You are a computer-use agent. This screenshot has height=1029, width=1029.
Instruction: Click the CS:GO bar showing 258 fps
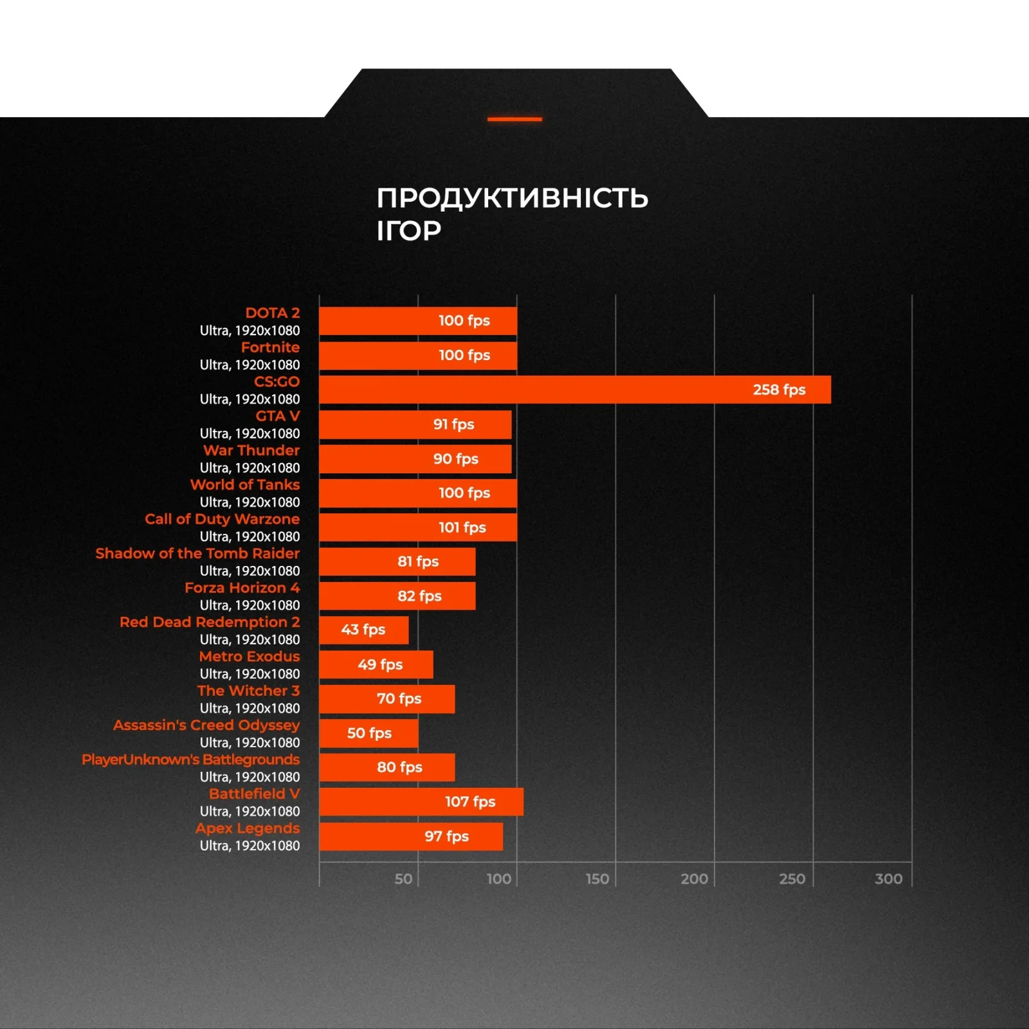(x=574, y=390)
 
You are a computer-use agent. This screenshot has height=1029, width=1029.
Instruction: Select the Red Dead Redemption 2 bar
(x=363, y=630)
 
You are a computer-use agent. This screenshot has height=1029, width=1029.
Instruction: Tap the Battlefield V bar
(x=421, y=802)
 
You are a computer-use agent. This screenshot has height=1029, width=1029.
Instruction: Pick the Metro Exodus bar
(x=376, y=664)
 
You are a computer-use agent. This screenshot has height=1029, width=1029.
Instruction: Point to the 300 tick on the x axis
(x=888, y=879)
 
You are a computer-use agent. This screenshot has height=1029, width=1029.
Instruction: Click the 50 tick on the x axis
(x=403, y=879)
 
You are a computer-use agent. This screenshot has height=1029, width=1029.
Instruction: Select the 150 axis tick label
(x=597, y=879)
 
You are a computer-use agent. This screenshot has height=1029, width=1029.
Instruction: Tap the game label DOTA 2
(x=272, y=313)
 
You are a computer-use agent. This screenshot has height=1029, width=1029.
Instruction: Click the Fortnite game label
(x=270, y=347)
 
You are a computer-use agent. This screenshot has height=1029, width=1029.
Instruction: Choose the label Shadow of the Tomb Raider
(x=197, y=553)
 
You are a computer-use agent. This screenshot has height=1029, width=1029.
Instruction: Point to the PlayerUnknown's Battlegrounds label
(x=190, y=760)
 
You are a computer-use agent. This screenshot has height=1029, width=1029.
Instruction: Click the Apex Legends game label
(x=248, y=828)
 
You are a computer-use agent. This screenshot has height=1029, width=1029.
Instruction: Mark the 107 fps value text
(x=470, y=802)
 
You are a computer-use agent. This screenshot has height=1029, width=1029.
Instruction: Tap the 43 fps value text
(x=363, y=630)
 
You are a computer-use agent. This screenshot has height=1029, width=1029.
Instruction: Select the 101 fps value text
(x=462, y=527)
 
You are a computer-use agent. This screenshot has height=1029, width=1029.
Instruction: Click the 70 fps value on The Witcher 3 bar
(x=399, y=698)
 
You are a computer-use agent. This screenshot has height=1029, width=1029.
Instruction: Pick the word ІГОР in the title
(x=409, y=230)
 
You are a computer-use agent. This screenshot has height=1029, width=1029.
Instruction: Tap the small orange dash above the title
(x=514, y=119)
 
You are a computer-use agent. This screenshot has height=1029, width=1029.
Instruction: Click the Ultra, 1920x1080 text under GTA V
(x=250, y=433)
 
